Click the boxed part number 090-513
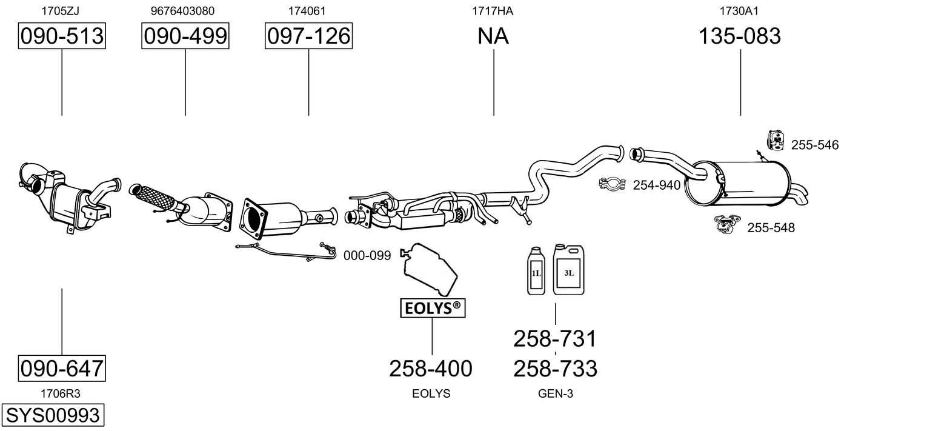(x=62, y=36)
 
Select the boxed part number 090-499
(x=185, y=36)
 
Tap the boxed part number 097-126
(x=309, y=36)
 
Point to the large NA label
(x=493, y=36)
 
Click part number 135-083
(x=740, y=36)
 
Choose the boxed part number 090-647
(x=62, y=368)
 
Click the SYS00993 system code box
(x=53, y=415)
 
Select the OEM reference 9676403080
(x=182, y=11)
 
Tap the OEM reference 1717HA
(x=493, y=11)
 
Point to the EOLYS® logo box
(x=433, y=308)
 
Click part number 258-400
(x=430, y=369)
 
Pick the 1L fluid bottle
(x=536, y=271)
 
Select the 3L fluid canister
(x=568, y=270)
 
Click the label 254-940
(x=656, y=185)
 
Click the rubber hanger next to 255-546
(x=776, y=141)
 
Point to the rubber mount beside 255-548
(x=728, y=224)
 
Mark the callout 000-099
(x=367, y=255)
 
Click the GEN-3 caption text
(x=556, y=393)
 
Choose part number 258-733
(x=556, y=369)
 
